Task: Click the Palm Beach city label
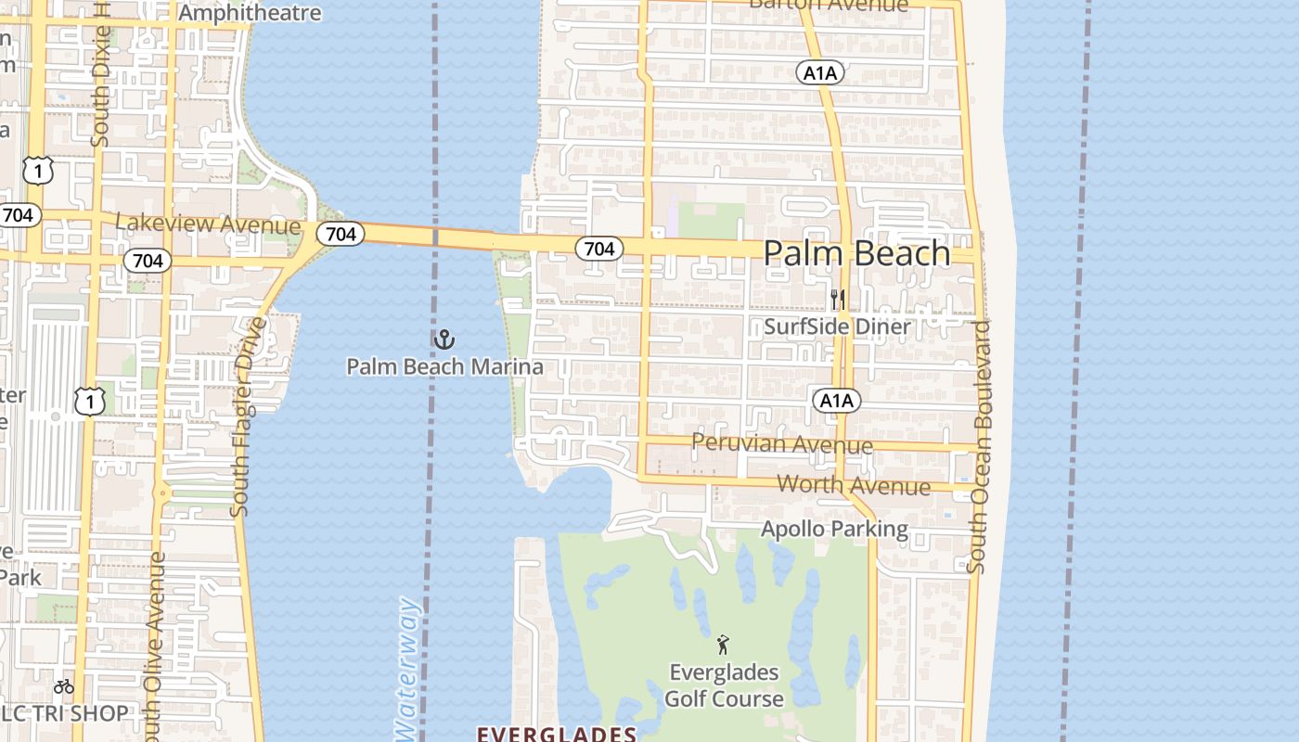coord(856,253)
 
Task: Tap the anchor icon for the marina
coord(444,339)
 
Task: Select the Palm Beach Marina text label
coord(444,366)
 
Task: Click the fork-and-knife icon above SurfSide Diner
coord(837,300)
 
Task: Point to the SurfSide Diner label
coord(837,326)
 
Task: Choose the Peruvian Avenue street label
coord(782,444)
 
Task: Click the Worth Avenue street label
coord(853,484)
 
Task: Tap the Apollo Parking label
coord(834,529)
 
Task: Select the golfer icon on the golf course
coord(723,644)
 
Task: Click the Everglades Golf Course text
coord(724,685)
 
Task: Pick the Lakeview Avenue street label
coord(208,224)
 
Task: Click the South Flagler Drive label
coord(244,416)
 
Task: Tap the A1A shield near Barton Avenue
coord(819,72)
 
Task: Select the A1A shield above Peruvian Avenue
coord(836,401)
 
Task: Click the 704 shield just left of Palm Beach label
coord(598,249)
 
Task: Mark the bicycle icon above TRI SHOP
coord(63,686)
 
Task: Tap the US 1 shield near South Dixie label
coord(38,171)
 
